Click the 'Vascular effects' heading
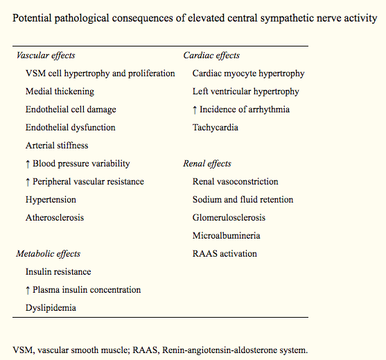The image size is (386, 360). pyautogui.click(x=45, y=55)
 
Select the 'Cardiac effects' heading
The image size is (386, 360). pyautogui.click(x=211, y=55)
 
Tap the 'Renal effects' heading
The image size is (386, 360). pyautogui.click(x=207, y=164)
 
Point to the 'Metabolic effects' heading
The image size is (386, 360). pyautogui.click(x=49, y=254)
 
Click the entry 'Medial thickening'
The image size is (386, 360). pyautogui.click(x=60, y=92)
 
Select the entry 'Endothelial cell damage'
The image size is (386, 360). pyautogui.click(x=71, y=110)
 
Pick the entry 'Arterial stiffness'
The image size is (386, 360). pyautogui.click(x=57, y=146)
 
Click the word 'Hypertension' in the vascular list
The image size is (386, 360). pyautogui.click(x=51, y=200)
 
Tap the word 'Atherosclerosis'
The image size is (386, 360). pyautogui.click(x=55, y=218)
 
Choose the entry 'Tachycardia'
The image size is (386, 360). pyautogui.click(x=216, y=128)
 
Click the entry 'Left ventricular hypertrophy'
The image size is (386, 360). pyautogui.click(x=246, y=92)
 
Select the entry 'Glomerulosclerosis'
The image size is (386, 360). pyautogui.click(x=229, y=218)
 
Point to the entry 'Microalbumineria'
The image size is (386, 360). pyautogui.click(x=226, y=236)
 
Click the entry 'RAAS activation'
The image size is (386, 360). pyautogui.click(x=225, y=254)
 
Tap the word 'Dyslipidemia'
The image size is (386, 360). pyautogui.click(x=51, y=308)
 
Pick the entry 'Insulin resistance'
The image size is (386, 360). pyautogui.click(x=58, y=272)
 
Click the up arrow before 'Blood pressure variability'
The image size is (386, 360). pyautogui.click(x=28, y=164)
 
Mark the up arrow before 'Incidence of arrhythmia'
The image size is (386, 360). pyautogui.click(x=195, y=110)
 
